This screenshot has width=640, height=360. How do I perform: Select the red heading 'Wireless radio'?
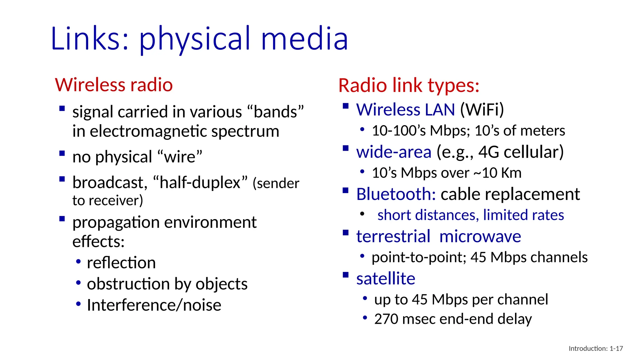coord(114,85)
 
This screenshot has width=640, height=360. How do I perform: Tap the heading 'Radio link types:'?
coord(409,85)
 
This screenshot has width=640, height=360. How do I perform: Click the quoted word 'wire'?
coord(180,157)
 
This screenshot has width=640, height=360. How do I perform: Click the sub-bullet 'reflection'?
coord(121,262)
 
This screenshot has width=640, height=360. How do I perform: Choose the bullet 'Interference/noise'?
coord(154,305)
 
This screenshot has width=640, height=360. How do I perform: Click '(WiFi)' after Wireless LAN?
coord(482,110)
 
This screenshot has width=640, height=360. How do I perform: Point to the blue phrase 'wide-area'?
coord(394,152)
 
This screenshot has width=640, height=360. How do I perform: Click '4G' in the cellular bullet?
coord(488,152)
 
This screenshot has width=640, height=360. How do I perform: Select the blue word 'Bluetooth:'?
coord(396,194)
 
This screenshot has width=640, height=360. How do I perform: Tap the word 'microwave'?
coord(480,236)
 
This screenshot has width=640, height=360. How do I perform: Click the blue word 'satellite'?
coord(386,278)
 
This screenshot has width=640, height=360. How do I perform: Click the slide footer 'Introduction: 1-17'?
coord(596,348)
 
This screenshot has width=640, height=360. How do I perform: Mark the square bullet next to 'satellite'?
coord(345,275)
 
